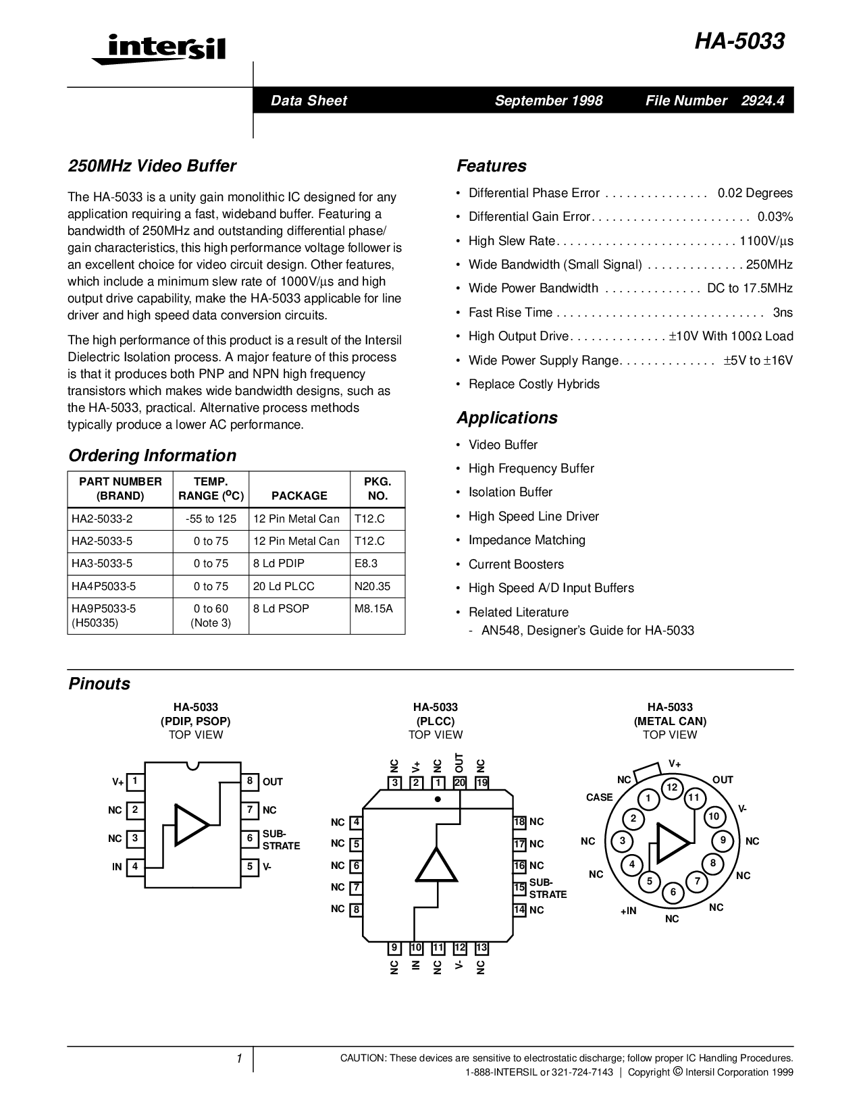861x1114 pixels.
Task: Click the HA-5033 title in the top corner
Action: click(740, 42)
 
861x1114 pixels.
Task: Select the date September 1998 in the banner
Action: click(548, 101)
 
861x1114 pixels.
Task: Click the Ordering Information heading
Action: click(153, 456)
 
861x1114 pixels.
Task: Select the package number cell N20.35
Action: click(372, 586)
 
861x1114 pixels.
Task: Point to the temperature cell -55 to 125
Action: click(211, 519)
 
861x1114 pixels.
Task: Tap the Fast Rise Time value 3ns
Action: click(783, 313)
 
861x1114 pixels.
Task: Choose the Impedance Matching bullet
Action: click(527, 540)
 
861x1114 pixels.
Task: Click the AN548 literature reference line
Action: click(588, 631)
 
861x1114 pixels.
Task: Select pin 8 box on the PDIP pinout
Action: click(249, 782)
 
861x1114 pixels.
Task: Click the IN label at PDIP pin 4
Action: click(117, 867)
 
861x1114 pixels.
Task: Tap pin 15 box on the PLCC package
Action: click(519, 888)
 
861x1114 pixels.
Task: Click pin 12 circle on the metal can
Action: click(672, 787)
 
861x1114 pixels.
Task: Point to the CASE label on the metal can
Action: click(599, 797)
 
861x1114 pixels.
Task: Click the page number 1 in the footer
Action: click(239, 1059)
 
